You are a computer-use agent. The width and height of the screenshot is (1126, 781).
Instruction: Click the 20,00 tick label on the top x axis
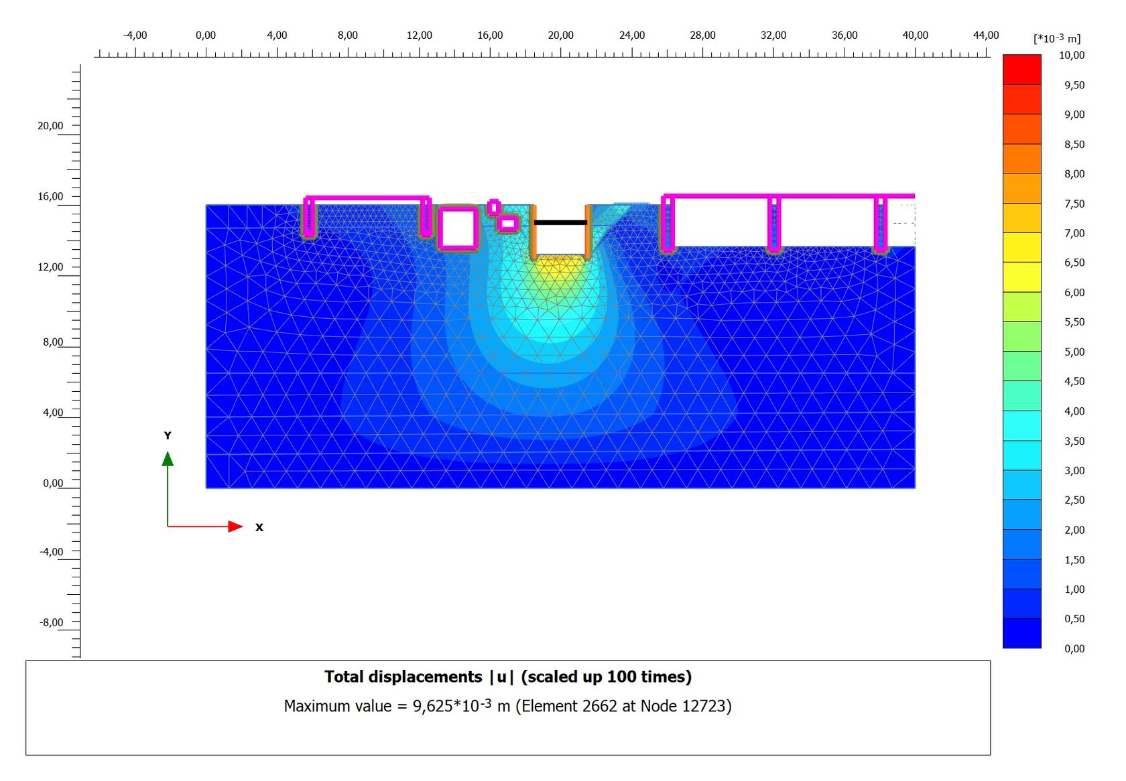[x=560, y=35]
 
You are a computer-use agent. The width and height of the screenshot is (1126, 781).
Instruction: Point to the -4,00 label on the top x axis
[x=135, y=35]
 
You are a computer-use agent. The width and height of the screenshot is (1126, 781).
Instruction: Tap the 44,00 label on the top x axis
[x=986, y=35]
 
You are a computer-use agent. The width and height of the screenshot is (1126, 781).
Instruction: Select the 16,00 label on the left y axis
[x=50, y=196]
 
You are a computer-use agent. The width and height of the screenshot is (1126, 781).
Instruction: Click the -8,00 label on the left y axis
[x=51, y=622]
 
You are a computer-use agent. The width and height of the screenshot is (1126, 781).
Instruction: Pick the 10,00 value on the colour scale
[x=1072, y=55]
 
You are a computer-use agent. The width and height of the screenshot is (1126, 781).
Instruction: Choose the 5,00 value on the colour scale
[x=1074, y=352]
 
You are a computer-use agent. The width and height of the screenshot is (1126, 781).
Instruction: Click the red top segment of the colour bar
[x=1022, y=69]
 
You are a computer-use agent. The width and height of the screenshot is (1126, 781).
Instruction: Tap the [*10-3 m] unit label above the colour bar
[x=1056, y=38]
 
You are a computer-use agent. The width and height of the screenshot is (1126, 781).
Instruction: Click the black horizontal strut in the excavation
[x=560, y=222]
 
